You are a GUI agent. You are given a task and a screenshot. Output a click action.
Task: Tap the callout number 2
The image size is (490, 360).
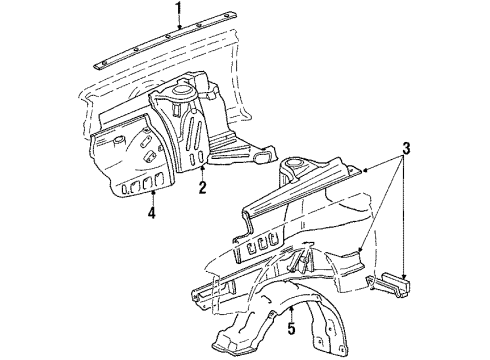(x=202, y=187)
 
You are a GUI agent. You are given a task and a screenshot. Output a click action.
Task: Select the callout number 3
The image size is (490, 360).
(x=405, y=149)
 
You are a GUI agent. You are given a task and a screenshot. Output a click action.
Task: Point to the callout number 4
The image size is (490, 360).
(x=152, y=212)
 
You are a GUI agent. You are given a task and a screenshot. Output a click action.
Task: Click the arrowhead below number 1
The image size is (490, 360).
(x=179, y=27)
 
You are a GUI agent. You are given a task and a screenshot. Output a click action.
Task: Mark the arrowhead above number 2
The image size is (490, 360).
(x=202, y=168)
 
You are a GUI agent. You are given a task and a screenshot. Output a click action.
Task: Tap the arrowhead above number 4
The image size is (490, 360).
(x=152, y=192)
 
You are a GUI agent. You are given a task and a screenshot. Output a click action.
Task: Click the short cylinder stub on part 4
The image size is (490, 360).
(x=119, y=140)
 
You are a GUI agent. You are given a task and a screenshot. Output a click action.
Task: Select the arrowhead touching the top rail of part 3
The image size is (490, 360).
(x=364, y=171)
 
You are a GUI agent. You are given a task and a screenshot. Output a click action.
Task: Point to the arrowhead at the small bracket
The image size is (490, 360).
(x=404, y=276)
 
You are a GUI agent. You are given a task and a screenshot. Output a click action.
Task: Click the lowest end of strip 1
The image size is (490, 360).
(x=96, y=67)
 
